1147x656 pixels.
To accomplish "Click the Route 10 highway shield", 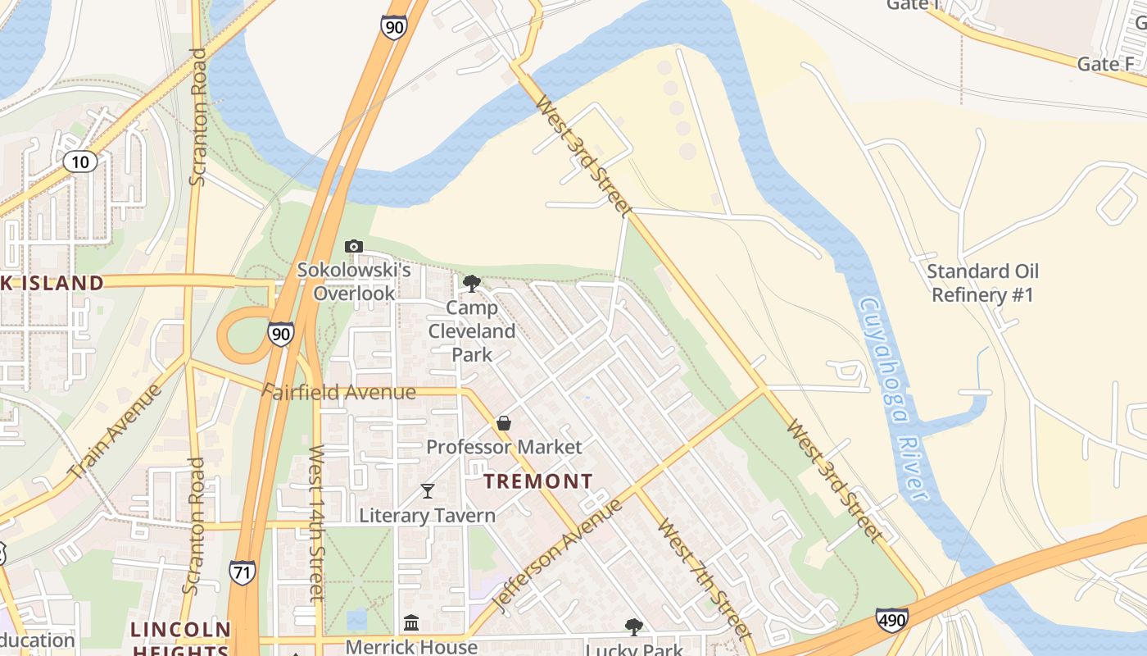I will click(79, 162).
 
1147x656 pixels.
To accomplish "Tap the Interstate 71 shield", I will click(242, 572).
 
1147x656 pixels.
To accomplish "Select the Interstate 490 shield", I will click(891, 619).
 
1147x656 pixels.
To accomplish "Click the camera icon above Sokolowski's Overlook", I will click(354, 246).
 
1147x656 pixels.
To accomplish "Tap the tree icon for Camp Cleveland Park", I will click(471, 284).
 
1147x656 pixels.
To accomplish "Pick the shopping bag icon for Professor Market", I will click(504, 423).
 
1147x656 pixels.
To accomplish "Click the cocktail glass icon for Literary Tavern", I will click(427, 490).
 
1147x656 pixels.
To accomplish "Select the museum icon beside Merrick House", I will click(411, 624).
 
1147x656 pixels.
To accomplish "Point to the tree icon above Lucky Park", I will click(633, 627).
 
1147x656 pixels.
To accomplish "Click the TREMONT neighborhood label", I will click(538, 481).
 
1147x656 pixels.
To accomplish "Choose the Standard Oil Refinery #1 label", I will click(982, 283).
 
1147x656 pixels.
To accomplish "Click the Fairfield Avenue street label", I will click(339, 392).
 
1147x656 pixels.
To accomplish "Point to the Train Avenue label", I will click(116, 432).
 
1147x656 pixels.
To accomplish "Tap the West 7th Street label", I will click(704, 577).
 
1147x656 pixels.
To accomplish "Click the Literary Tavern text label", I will click(428, 516).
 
